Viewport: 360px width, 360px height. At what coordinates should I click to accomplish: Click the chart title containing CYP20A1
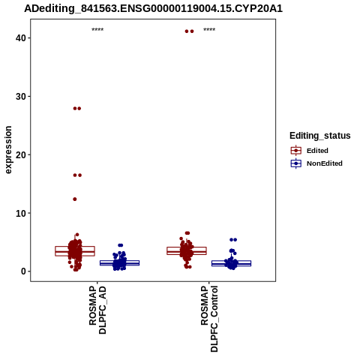coord(153,9)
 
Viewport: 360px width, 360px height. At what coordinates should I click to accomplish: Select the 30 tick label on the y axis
coord(21,97)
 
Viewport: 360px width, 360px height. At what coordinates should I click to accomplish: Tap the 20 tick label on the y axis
coord(21,154)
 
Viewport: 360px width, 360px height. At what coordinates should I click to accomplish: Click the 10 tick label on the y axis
coord(21,213)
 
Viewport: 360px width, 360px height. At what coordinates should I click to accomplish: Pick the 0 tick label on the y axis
coord(23,271)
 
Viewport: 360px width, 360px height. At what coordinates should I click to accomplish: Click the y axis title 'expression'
coord(8,150)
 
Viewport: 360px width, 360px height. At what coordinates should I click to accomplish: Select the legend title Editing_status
coord(320,136)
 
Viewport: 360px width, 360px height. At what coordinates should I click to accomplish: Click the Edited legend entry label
coord(317,151)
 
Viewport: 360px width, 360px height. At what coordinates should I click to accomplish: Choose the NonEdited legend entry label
coord(325,163)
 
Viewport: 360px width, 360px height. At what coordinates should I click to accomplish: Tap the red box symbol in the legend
coord(296,151)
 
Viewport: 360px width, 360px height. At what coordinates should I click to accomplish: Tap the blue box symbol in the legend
coord(296,163)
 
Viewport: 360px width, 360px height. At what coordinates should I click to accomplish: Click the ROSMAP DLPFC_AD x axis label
coord(97,310)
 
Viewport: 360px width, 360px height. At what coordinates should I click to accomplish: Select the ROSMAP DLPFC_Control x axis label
coord(209,319)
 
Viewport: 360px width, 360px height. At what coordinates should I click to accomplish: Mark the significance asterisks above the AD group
coord(97,30)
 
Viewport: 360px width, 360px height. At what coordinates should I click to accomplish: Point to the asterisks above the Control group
coord(209,30)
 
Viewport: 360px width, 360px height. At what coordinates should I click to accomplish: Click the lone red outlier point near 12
coord(75,199)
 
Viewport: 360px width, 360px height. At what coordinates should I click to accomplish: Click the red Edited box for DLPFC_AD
coord(75,251)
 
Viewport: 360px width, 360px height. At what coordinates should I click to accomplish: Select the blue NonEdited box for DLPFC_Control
coord(231,263)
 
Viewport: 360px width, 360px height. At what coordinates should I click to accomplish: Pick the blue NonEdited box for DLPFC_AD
coord(120,262)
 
